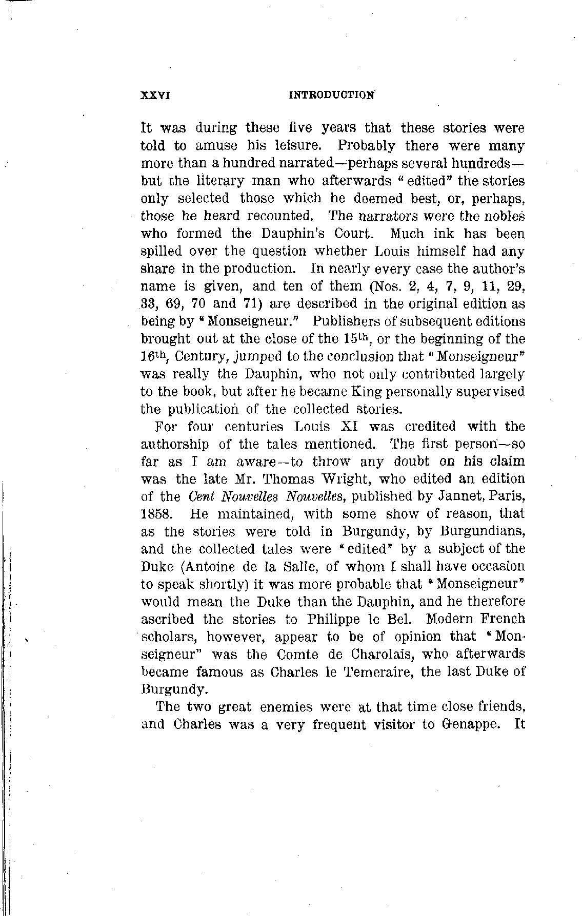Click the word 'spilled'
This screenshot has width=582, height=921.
pyautogui.click(x=162, y=252)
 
